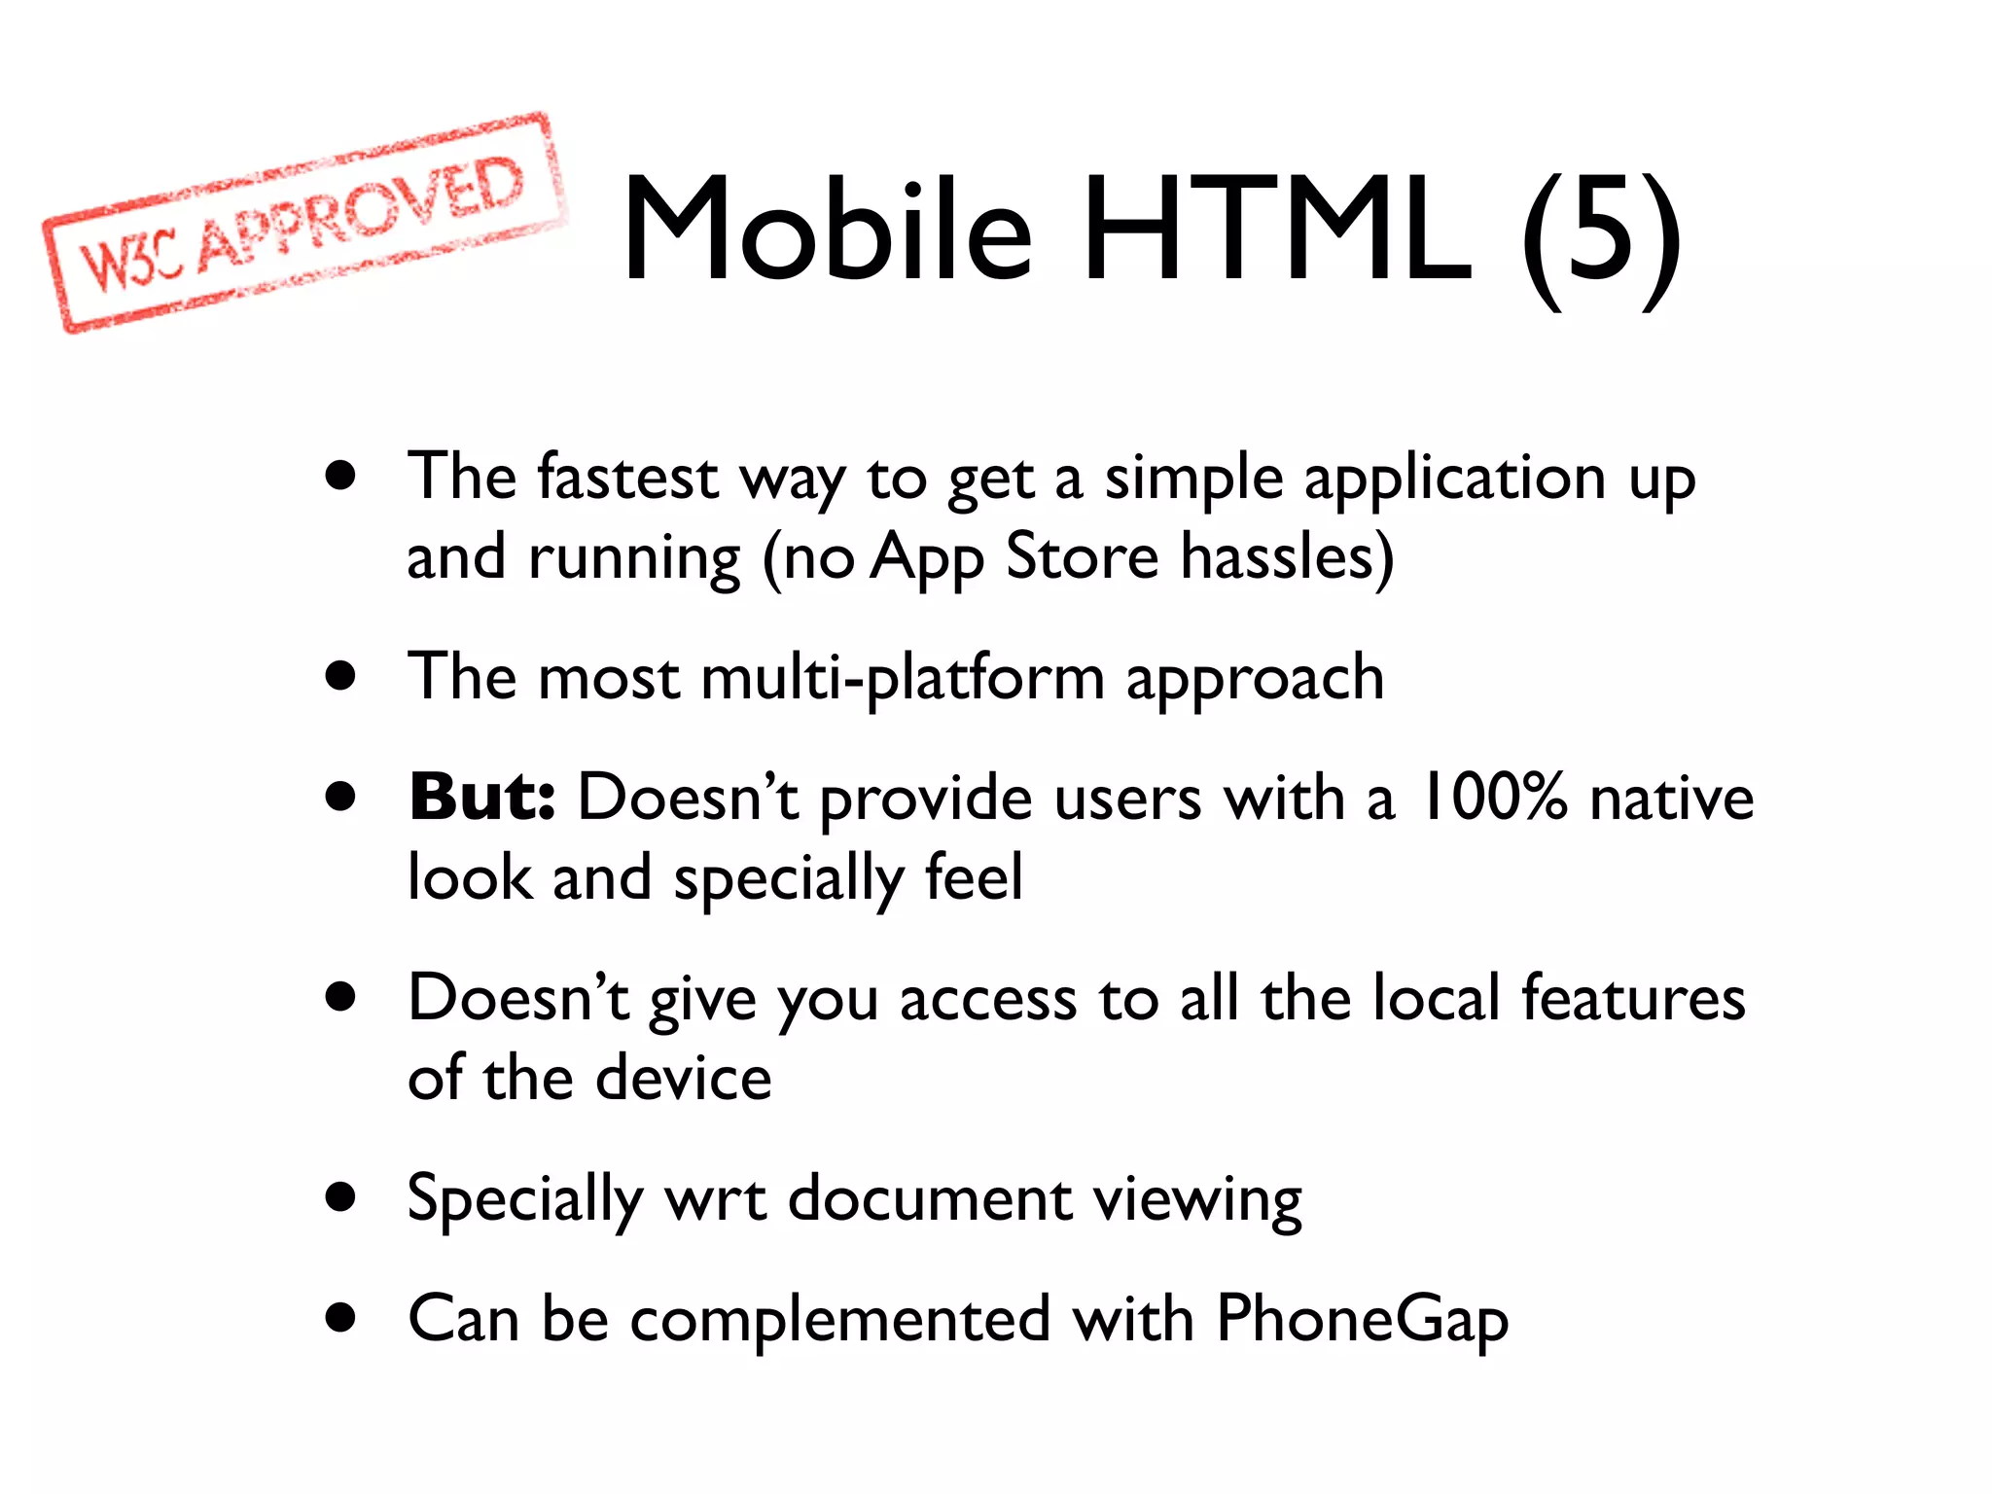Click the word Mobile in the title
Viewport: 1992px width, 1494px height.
[x=828, y=231]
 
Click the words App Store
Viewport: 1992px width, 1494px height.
[x=1014, y=558]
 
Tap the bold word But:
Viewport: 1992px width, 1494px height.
[x=481, y=798]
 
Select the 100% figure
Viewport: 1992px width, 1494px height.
[x=1493, y=798]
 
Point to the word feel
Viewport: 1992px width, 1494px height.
[x=974, y=877]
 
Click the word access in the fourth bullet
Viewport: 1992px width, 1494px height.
[x=987, y=1000]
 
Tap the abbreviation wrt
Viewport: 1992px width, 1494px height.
[x=715, y=1199]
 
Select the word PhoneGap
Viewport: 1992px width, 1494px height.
[x=1362, y=1321]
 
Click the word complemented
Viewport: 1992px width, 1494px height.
[x=840, y=1321]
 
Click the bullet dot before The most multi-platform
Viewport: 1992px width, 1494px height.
[x=340, y=676]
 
